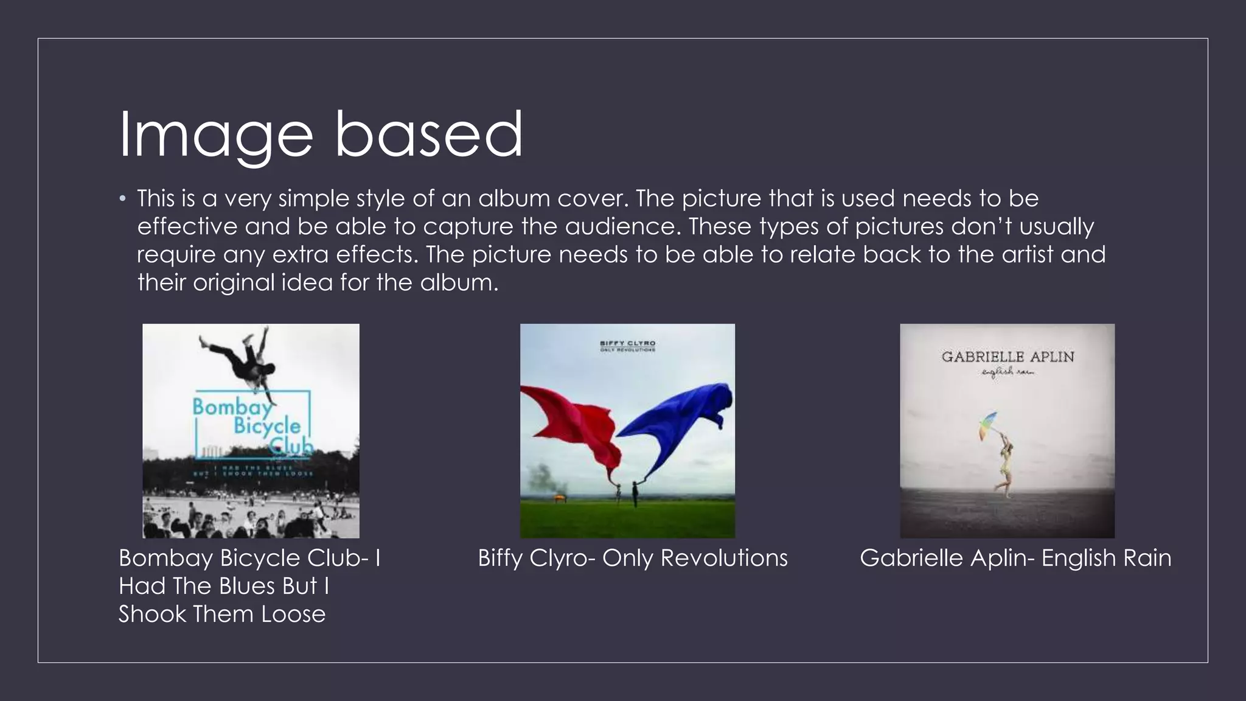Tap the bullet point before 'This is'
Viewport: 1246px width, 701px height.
(x=123, y=199)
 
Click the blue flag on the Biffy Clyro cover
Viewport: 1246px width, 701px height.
(x=684, y=420)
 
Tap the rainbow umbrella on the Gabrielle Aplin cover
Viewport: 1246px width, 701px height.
(x=989, y=425)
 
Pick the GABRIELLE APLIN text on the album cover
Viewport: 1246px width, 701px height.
(x=1008, y=357)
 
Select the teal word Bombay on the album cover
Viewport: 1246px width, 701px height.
(x=232, y=406)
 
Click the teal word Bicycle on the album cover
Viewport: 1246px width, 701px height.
(x=267, y=426)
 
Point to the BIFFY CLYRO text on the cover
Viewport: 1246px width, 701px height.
(x=627, y=343)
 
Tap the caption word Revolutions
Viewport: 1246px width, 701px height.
(x=724, y=558)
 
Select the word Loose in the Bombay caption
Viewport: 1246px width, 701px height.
(x=293, y=614)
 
